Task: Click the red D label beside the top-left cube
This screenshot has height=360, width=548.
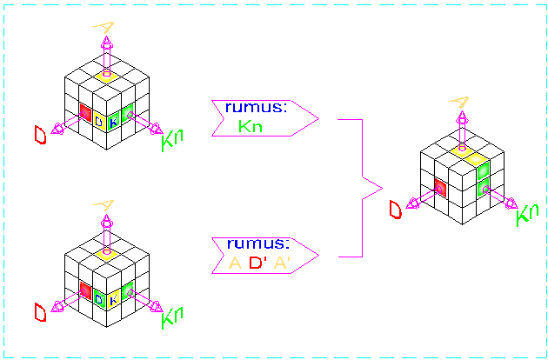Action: click(40, 135)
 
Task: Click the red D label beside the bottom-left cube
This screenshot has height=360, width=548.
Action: click(40, 311)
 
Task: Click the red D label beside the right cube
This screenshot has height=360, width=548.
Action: click(396, 209)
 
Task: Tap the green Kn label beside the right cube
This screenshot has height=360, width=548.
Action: click(527, 214)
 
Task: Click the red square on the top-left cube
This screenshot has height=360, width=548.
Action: click(85, 111)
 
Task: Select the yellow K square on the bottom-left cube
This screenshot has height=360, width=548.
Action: click(113, 297)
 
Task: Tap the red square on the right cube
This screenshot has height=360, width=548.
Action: click(441, 186)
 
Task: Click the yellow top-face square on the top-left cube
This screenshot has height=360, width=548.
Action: click(106, 77)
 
